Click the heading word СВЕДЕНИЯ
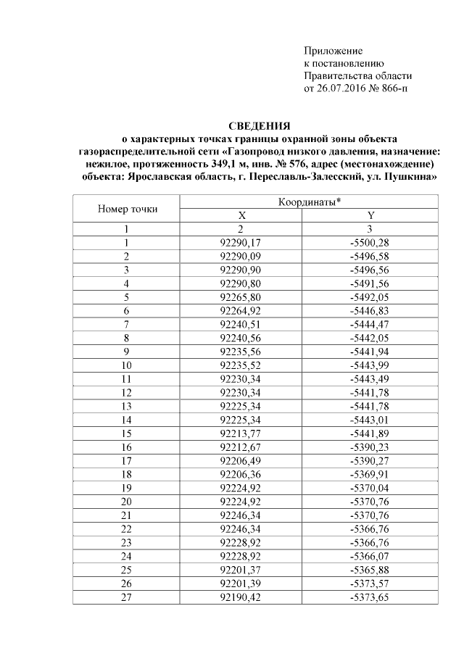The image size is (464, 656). point(259,125)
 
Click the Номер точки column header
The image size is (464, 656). point(127,209)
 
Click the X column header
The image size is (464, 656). point(242,216)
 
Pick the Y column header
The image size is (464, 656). point(370,216)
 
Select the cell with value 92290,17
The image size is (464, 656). point(243,242)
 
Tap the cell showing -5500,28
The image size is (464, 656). point(370,242)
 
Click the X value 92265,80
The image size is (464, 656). point(243,296)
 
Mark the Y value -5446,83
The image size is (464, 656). point(370,309)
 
